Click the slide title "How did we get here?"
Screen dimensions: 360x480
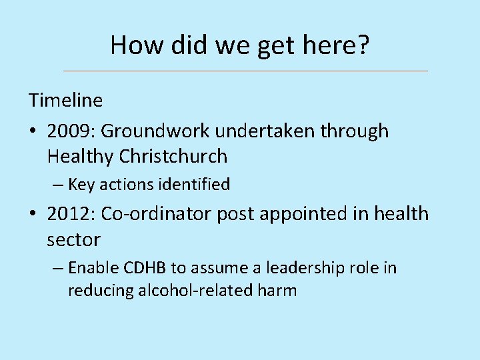(x=240, y=45)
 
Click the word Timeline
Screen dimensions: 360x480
(x=65, y=101)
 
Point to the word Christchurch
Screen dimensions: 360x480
(x=173, y=157)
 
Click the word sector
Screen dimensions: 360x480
(x=73, y=239)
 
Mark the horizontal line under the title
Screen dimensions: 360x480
(x=245, y=71)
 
